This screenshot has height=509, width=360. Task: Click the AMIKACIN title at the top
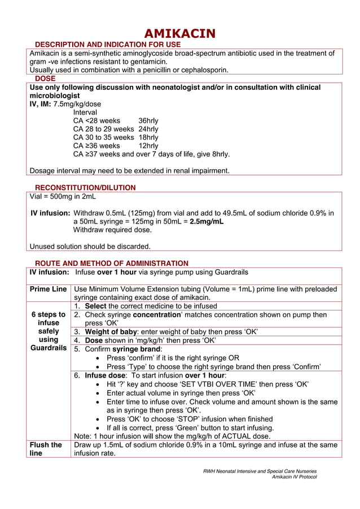pos(179,33)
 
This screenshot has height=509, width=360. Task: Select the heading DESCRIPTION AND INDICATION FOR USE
pos(108,45)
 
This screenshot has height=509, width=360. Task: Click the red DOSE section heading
pos(45,79)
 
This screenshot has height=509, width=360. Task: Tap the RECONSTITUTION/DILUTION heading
pos(85,188)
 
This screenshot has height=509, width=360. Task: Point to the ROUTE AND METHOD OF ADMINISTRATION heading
pos(112,264)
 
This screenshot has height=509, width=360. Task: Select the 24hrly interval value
pos(148,129)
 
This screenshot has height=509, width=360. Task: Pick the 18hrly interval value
pos(148,137)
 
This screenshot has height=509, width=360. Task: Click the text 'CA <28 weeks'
pos(96,121)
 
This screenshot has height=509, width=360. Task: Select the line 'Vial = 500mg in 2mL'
pos(63,197)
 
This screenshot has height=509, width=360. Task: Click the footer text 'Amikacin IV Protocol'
pos(294,477)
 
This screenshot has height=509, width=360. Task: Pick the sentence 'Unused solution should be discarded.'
pos(90,247)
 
